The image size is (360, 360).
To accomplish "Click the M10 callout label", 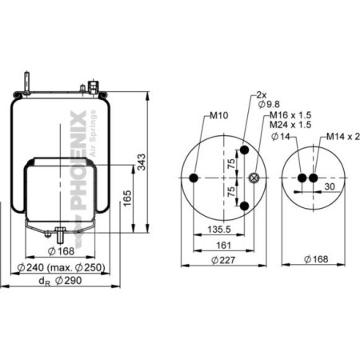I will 218,115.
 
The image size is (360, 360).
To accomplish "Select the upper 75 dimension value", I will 230,165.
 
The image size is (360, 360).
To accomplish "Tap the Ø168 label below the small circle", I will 318,259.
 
